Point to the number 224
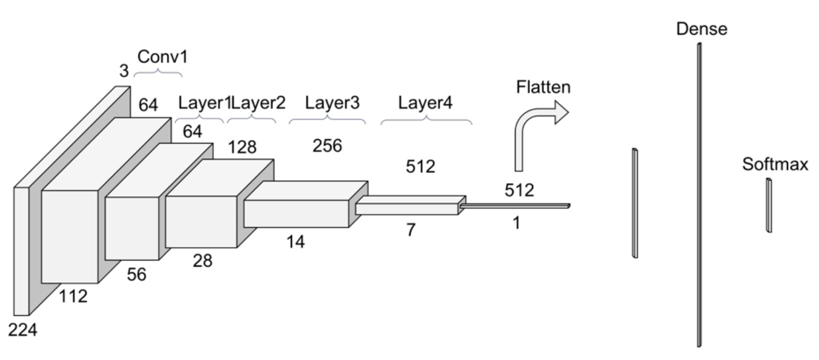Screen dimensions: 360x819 [x=22, y=331]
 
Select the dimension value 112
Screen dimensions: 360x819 [x=73, y=296]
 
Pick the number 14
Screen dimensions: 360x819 [x=296, y=241]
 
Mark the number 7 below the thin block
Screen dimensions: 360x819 [x=411, y=230]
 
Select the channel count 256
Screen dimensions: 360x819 [x=327, y=145]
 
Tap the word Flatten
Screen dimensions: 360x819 [x=543, y=87]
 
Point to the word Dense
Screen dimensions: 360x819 [x=701, y=28]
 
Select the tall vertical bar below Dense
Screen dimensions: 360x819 [x=700, y=194]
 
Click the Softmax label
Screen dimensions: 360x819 [x=776, y=164]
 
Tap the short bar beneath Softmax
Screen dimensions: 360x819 [x=769, y=205]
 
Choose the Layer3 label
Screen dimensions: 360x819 [x=332, y=102]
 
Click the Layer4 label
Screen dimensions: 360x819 [x=425, y=102]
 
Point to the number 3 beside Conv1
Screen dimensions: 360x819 [x=124, y=72]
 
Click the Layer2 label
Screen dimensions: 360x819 [x=258, y=102]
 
